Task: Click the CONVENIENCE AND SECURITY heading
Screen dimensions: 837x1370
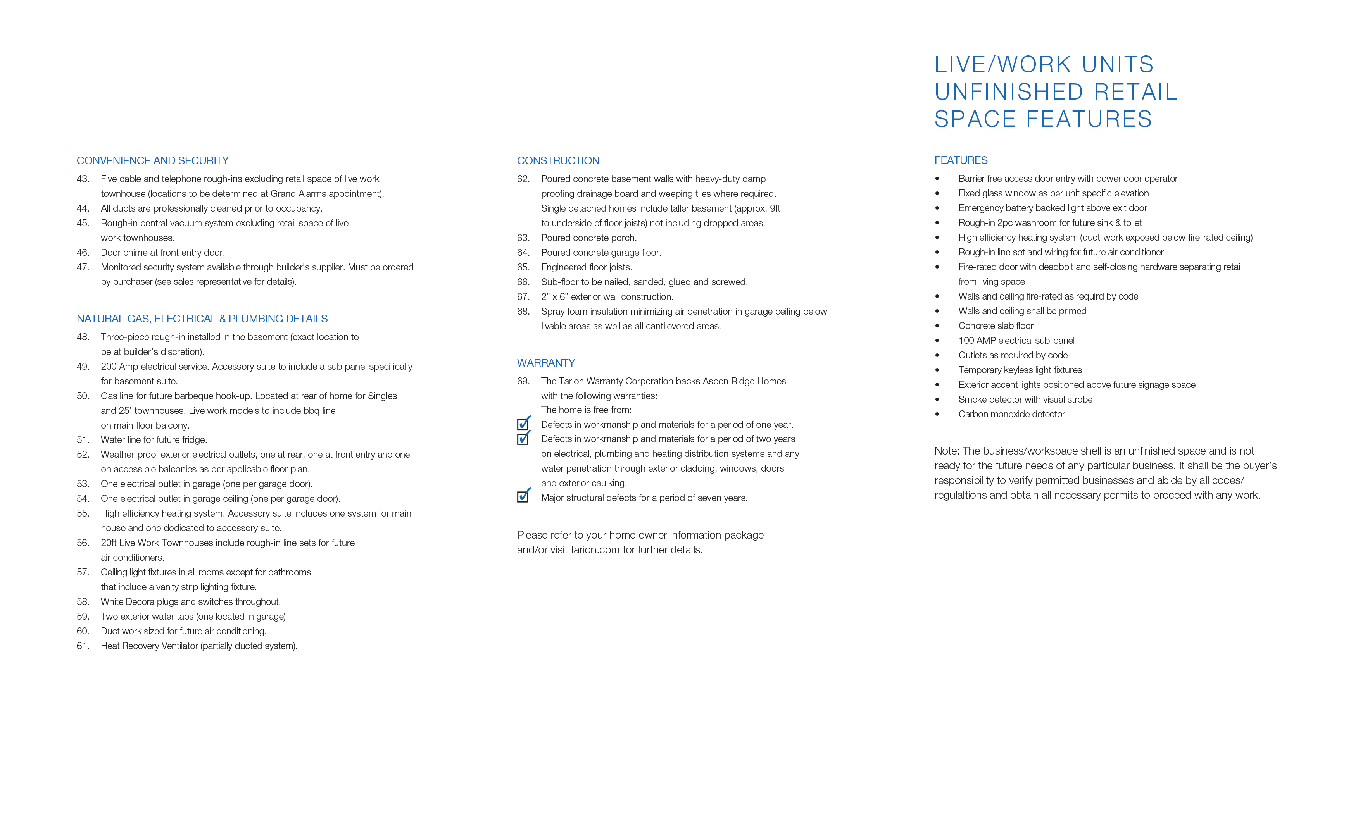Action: coord(152,161)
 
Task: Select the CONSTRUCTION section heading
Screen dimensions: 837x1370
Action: coord(558,161)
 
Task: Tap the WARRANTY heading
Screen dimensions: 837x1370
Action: coord(545,363)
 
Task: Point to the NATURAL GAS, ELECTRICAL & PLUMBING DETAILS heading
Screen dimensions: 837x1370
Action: coord(202,319)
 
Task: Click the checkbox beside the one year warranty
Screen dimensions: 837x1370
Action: coord(523,425)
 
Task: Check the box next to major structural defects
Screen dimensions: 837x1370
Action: coord(523,497)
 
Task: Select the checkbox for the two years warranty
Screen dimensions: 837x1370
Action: coord(523,439)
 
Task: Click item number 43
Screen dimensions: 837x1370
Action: coord(83,179)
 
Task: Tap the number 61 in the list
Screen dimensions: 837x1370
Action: coord(83,646)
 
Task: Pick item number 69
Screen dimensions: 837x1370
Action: coord(523,381)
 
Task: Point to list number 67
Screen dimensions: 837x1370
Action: coord(523,297)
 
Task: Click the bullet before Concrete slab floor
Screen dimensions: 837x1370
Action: coord(937,326)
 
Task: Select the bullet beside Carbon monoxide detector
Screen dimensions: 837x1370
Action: coord(937,415)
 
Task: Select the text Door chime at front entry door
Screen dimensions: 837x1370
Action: coord(162,252)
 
